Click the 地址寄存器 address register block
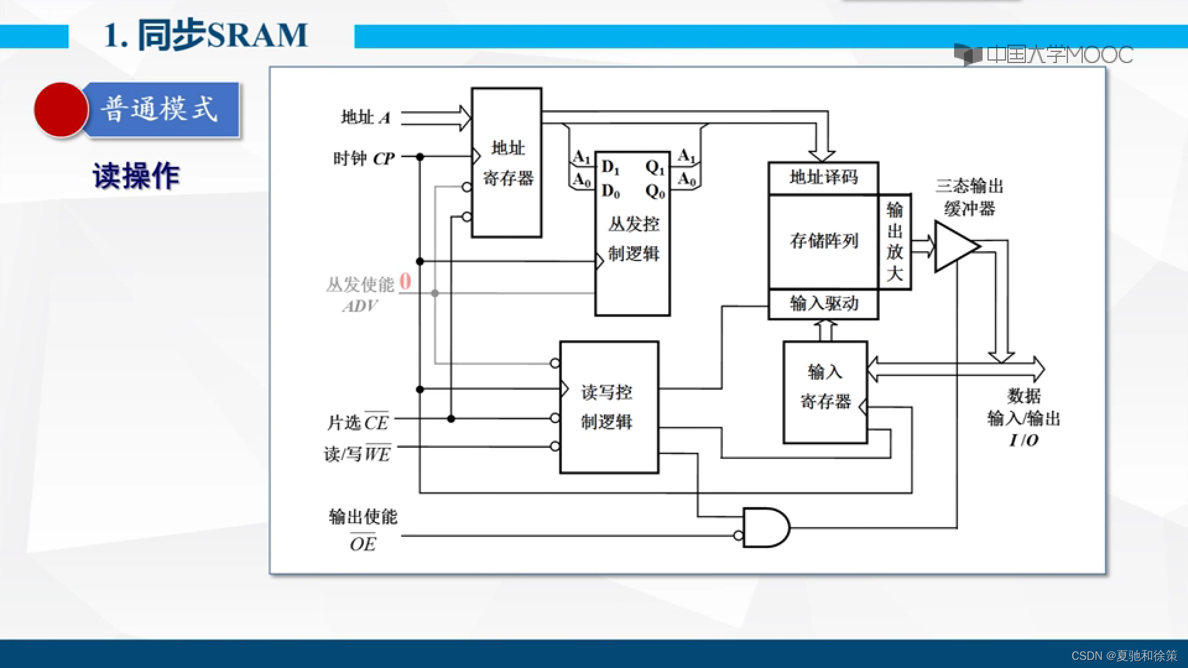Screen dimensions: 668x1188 [507, 163]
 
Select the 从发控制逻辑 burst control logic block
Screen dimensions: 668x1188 [632, 238]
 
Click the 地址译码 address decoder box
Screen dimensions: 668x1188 [823, 178]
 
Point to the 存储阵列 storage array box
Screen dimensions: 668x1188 [823, 241]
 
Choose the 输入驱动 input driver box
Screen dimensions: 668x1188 [823, 304]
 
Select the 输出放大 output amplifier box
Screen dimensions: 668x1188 [895, 241]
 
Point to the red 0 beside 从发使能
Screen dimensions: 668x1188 [405, 281]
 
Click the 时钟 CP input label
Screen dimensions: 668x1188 [364, 159]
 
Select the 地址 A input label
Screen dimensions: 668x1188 [366, 117]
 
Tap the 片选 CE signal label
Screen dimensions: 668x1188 [358, 422]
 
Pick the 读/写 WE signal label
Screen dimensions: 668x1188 [357, 454]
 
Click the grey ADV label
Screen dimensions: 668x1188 [360, 306]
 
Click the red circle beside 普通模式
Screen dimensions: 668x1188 [61, 109]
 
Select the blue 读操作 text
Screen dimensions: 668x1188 [136, 176]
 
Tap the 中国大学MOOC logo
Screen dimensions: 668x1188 [1043, 55]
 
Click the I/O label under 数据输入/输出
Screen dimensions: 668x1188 [1024, 440]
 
